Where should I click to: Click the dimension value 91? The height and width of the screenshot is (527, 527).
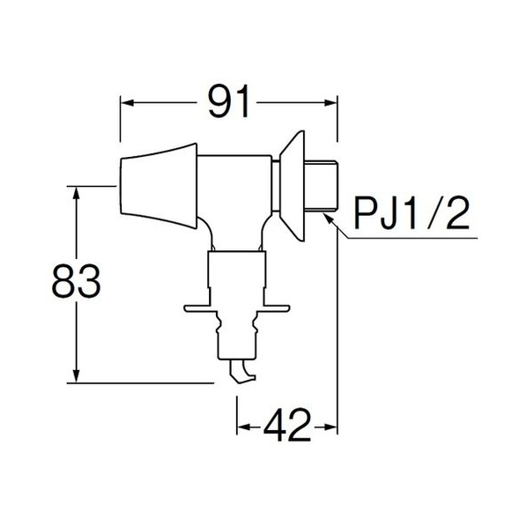coord(229,101)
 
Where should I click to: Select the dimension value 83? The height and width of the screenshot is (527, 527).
coord(77,281)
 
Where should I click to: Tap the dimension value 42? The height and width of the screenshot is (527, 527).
coord(287,426)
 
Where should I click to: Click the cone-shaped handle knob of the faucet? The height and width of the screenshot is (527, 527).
coord(159,186)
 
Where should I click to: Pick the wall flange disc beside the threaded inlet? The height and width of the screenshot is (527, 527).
coord(293,186)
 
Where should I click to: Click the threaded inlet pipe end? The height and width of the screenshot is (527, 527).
coord(321,186)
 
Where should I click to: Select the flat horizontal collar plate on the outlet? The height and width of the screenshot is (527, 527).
coord(237,308)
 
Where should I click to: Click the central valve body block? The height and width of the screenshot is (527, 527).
coord(235,202)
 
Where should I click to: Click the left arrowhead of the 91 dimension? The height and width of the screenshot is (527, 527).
coord(127,102)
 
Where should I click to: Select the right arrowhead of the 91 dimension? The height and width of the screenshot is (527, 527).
coord(330,102)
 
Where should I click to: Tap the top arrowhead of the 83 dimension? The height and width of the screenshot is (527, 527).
coord(77,193)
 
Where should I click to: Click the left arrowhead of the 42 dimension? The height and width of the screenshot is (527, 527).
coord(243,427)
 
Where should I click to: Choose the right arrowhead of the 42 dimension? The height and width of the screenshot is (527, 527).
coord(330,427)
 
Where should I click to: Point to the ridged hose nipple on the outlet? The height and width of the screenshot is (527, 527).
coord(237,335)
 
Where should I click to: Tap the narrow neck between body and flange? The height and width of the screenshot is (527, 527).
coord(276,186)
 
